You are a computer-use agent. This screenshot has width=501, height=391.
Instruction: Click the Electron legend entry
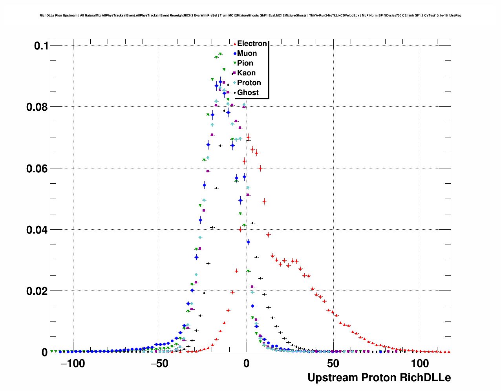click(252, 44)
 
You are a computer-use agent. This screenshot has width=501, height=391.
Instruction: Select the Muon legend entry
click(247, 53)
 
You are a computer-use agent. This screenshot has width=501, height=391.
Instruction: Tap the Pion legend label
click(245, 63)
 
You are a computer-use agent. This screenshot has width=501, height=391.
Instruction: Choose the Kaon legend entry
click(246, 73)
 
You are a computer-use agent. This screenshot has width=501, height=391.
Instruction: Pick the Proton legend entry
click(249, 83)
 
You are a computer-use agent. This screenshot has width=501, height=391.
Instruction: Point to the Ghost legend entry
click(248, 93)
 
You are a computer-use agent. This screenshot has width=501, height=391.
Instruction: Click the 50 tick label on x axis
click(333, 364)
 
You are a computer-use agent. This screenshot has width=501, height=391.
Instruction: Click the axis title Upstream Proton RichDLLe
click(379, 378)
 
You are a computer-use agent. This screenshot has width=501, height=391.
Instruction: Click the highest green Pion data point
click(220, 54)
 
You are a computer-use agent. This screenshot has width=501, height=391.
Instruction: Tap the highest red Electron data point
click(248, 137)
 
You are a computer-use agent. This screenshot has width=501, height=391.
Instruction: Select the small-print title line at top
click(250, 16)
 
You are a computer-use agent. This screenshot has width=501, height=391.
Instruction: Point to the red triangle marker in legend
click(234, 44)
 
